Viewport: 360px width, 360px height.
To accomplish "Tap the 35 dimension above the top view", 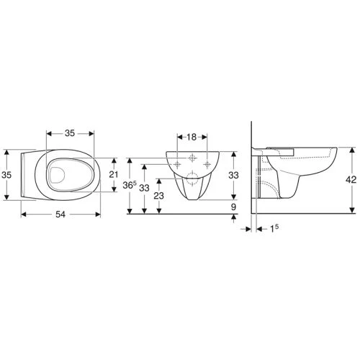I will point(71,133).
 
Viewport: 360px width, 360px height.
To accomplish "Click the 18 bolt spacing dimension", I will point(192,137).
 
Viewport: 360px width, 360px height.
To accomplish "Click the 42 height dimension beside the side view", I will point(351,182).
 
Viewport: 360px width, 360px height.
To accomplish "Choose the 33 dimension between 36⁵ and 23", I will point(145,187).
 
